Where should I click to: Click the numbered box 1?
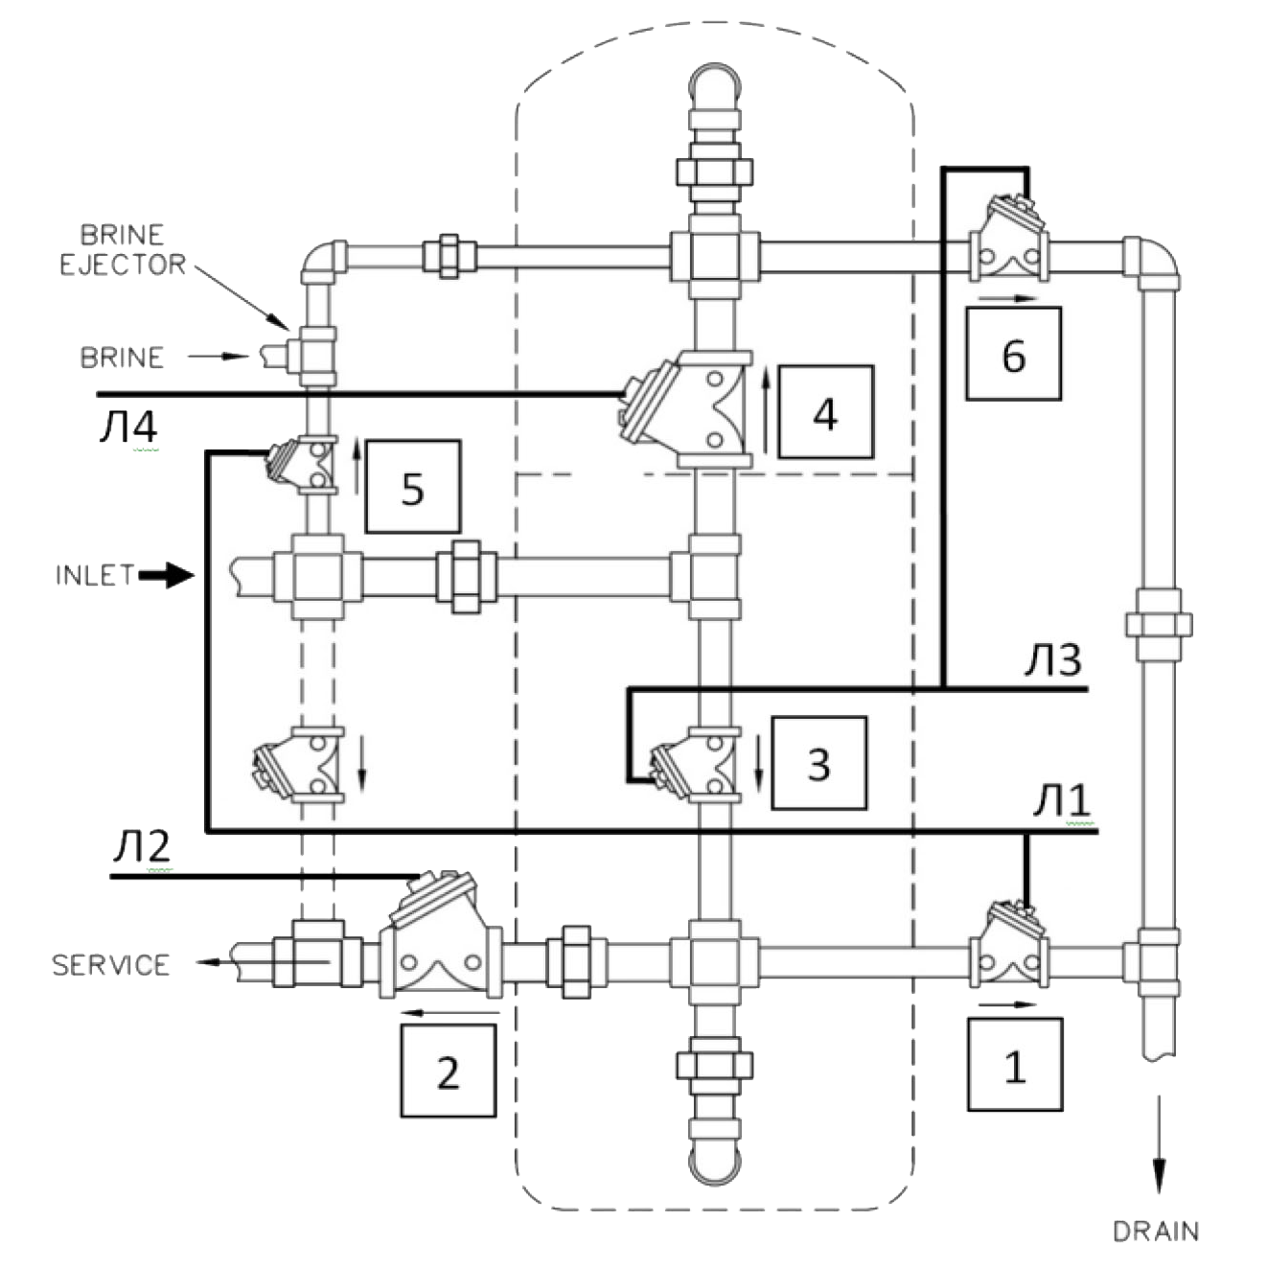(x=1015, y=1064)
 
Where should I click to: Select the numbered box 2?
(x=449, y=1071)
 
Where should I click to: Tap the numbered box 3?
(x=818, y=763)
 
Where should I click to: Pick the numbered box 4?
(x=826, y=412)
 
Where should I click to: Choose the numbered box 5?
(x=413, y=487)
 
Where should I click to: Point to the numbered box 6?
(x=1013, y=354)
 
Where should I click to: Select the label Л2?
(x=142, y=846)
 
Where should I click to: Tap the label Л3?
(x=1053, y=660)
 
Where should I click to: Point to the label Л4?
(x=128, y=426)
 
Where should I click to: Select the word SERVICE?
(x=110, y=965)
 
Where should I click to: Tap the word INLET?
(x=95, y=575)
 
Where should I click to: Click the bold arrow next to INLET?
(x=167, y=575)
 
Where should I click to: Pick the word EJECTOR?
(x=123, y=265)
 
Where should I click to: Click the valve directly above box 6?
(x=1009, y=239)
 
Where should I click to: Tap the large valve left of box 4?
(x=684, y=409)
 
